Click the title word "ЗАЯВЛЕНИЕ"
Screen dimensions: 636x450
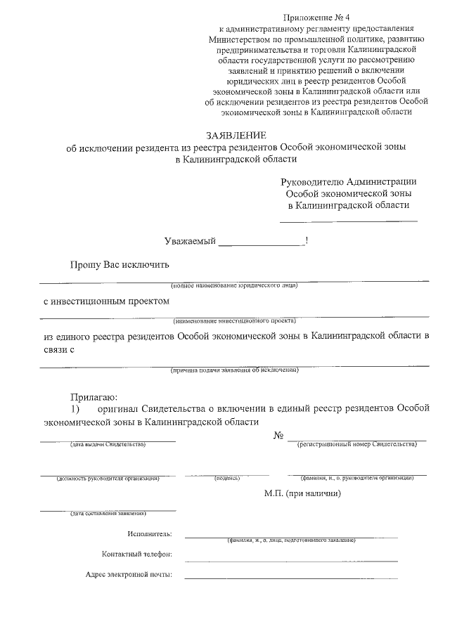pyautogui.click(x=236, y=135)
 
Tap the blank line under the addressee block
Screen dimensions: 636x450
pyautogui.click(x=349, y=221)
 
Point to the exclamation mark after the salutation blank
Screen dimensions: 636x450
pyautogui.click(x=307, y=241)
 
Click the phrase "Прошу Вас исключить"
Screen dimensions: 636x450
pyautogui.click(x=119, y=265)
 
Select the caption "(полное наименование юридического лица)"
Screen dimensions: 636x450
pyautogui.click(x=235, y=286)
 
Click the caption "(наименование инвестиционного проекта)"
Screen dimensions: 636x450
pyautogui.click(x=235, y=320)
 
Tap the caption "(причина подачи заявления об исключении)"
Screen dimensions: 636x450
pyautogui.click(x=235, y=370)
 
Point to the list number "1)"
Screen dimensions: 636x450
pyautogui.click(x=75, y=408)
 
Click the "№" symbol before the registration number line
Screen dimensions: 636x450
pyautogui.click(x=278, y=436)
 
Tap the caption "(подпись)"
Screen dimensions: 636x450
pyautogui.click(x=227, y=479)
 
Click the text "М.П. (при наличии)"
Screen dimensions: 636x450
pyautogui.click(x=303, y=493)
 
